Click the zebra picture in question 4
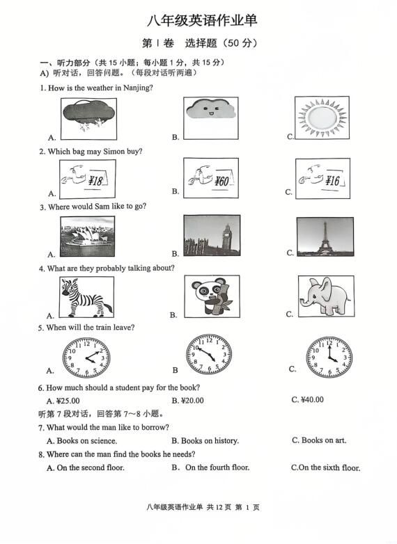pyautogui.click(x=86, y=297)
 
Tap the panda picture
pyautogui.click(x=212, y=296)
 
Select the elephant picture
pyautogui.click(x=326, y=296)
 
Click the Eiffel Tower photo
pyautogui.click(x=325, y=237)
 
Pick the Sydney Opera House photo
pyautogui.click(x=87, y=237)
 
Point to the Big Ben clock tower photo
pyautogui.click(x=212, y=235)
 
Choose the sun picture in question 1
pyautogui.click(x=322, y=118)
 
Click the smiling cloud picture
pyautogui.click(x=211, y=118)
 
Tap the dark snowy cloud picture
pyautogui.click(x=88, y=119)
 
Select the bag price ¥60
pyautogui.click(x=221, y=181)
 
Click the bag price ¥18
pyautogui.click(x=95, y=181)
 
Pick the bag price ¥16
pyautogui.click(x=332, y=180)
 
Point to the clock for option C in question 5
pyautogui.click(x=329, y=357)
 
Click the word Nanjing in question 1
pyautogui.click(x=138, y=88)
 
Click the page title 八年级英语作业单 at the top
pyautogui.click(x=202, y=20)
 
